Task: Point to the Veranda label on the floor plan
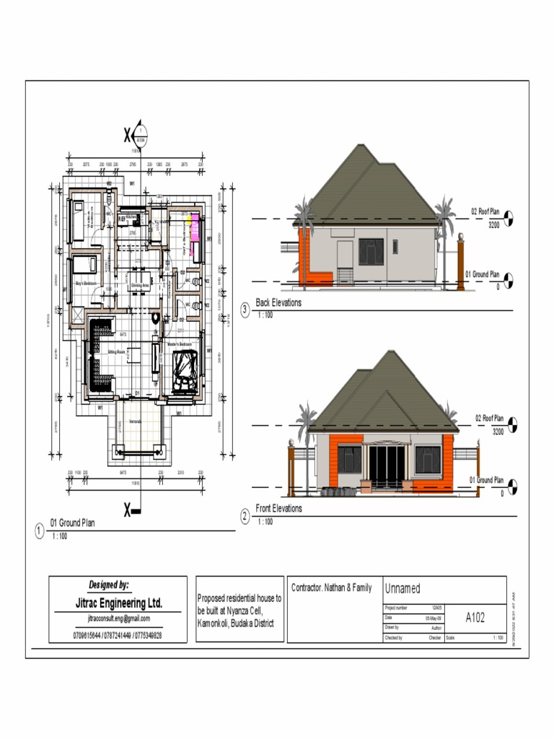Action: (135, 421)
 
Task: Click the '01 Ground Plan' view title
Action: (72, 522)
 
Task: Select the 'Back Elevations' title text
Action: (278, 302)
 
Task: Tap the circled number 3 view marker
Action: (245, 310)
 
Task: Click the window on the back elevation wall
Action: (371, 250)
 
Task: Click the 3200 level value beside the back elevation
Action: (494, 225)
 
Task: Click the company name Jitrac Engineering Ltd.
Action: (119, 603)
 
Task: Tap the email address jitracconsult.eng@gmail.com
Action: (119, 618)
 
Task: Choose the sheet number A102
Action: (475, 617)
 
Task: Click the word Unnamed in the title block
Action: (403, 589)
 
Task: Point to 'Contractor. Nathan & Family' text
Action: (332, 587)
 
